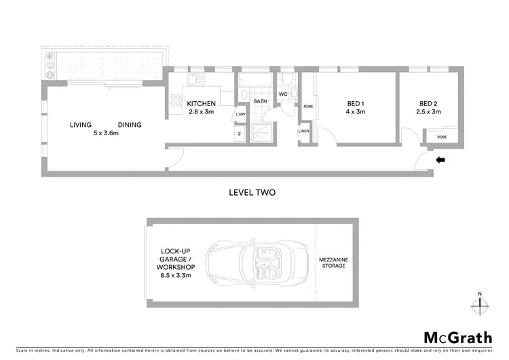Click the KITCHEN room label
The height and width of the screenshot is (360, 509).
click(201, 104)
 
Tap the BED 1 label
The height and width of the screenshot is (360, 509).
click(356, 104)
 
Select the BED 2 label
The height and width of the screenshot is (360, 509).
click(430, 104)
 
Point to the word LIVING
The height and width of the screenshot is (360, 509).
click(81, 125)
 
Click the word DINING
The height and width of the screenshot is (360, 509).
click(130, 125)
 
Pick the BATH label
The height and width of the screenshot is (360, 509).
click(261, 101)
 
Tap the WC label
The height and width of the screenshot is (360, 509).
click(283, 94)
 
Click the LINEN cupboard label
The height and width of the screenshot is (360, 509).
click(303, 132)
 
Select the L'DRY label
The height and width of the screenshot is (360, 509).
click(240, 114)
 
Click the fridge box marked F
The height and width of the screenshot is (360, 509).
click(240, 134)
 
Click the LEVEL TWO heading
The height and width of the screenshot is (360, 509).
click(252, 192)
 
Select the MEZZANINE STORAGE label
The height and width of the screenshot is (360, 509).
click(334, 262)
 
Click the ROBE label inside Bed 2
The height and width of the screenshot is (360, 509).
click(442, 137)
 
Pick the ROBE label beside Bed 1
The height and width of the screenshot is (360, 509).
click(308, 107)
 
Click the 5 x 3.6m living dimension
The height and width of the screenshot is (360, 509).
click(106, 134)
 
